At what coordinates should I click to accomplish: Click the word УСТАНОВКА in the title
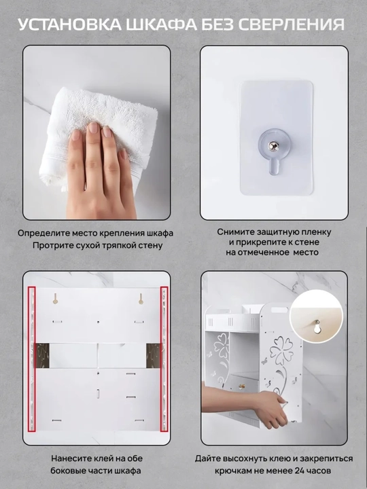coord(69,24)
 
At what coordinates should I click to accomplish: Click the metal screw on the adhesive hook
coord(273,146)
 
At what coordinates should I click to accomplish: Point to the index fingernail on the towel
coord(93,128)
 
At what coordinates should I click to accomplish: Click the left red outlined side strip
coord(31,359)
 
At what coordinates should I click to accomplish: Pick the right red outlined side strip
coord(164,359)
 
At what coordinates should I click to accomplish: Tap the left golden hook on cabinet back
coord(55,298)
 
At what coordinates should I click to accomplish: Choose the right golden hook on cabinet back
coord(141,298)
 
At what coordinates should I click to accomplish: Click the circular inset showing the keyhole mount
coord(316,316)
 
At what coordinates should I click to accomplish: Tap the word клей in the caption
coord(92,458)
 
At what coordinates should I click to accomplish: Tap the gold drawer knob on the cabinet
coord(241,386)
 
